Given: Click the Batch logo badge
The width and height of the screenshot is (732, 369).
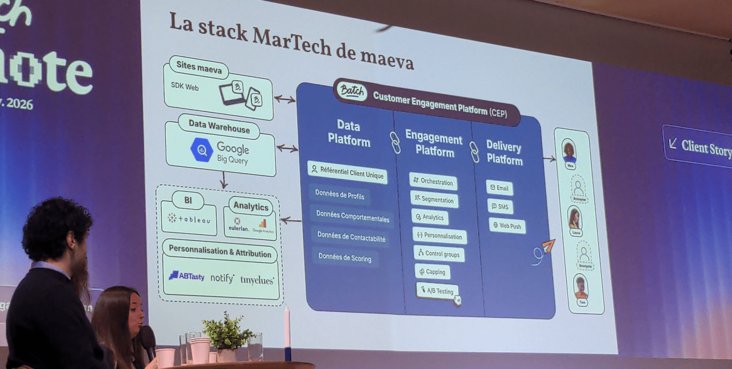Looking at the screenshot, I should (x=351, y=90).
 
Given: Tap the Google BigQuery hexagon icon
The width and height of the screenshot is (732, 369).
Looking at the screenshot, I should (x=202, y=150).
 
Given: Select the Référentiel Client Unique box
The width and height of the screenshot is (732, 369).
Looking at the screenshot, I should (x=347, y=172).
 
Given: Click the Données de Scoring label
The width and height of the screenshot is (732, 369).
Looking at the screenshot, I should (x=344, y=258).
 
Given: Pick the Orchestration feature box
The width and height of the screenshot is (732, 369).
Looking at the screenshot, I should (x=433, y=182).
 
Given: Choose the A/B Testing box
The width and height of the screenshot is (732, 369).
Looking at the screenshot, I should (x=437, y=291).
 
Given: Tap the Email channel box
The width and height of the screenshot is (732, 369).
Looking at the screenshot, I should (x=499, y=187).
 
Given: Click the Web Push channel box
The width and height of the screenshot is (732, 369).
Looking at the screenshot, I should (x=507, y=226).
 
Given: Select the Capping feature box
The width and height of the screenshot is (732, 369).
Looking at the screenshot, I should (x=432, y=272).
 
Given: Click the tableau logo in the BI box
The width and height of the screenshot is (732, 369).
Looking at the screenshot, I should (x=189, y=219).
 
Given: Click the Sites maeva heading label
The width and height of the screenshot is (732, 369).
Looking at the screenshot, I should (x=198, y=67).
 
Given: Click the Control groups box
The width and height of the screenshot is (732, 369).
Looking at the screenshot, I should (x=438, y=254).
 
